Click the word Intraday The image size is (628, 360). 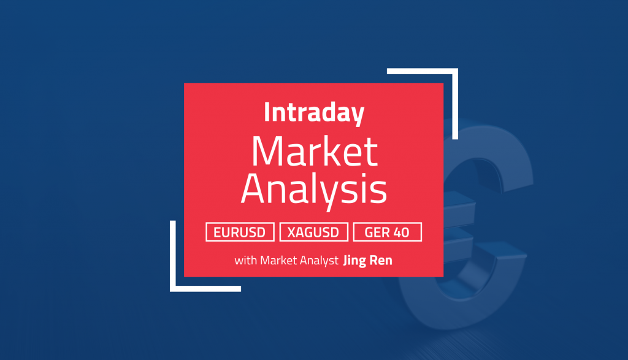tap(313, 113)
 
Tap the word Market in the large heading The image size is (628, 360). tap(313, 152)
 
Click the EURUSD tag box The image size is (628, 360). tap(240, 232)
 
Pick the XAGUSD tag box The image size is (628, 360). tap(314, 232)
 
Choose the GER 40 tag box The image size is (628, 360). tap(388, 232)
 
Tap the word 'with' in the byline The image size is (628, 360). tap(245, 260)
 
